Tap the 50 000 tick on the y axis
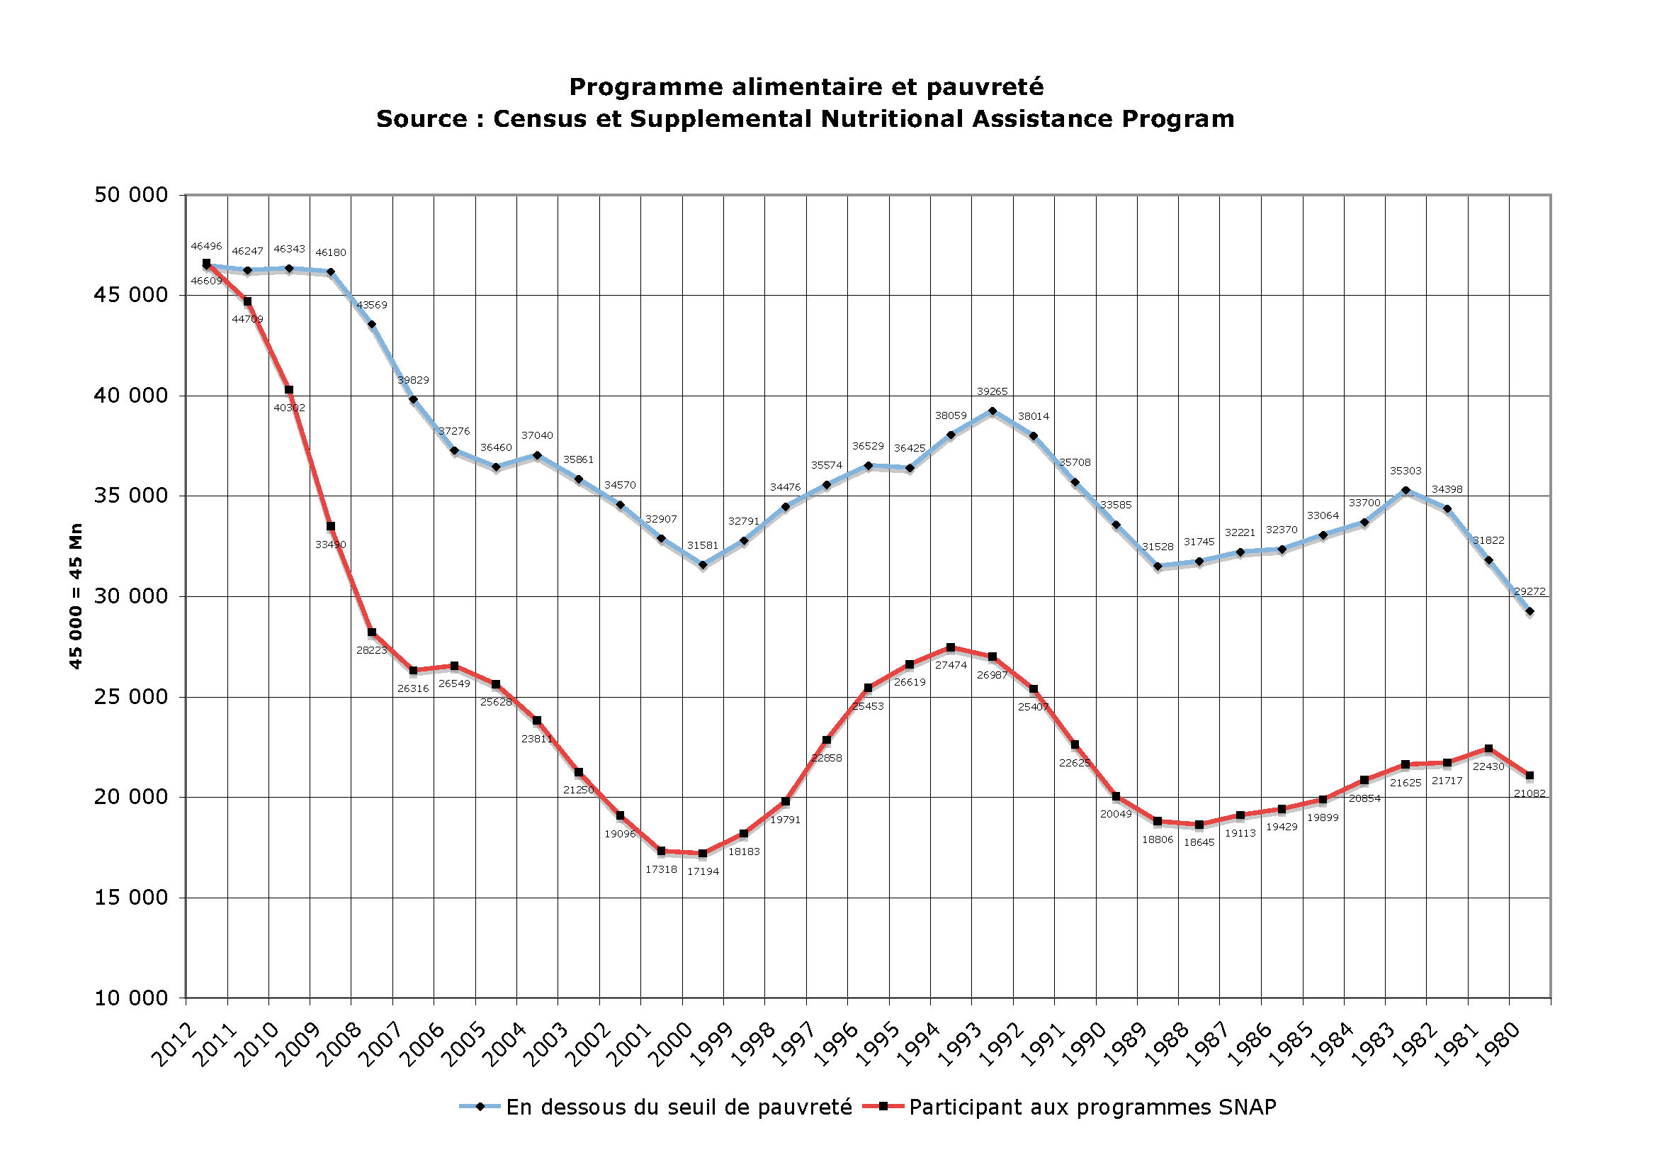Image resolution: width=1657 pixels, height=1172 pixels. (130, 195)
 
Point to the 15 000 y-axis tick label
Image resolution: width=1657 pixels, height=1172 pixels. (130, 898)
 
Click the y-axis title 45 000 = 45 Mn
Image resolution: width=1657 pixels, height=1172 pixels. (76, 596)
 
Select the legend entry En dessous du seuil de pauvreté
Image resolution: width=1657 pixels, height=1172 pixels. (679, 1107)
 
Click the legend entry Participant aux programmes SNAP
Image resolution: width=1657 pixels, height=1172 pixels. (1092, 1107)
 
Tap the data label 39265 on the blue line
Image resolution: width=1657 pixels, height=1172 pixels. (992, 391)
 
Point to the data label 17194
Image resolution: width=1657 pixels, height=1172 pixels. (702, 871)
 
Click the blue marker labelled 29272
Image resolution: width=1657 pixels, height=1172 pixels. (1529, 612)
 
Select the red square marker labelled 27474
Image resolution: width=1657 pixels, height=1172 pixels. (951, 647)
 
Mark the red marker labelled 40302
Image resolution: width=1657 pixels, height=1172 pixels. (288, 390)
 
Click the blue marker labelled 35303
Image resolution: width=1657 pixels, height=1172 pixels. (1405, 491)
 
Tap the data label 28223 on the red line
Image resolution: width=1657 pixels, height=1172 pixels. (372, 650)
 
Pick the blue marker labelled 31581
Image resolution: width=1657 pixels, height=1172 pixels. (702, 565)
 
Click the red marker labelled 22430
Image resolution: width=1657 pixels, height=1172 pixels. (1488, 748)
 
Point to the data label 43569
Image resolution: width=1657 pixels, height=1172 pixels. (372, 305)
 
